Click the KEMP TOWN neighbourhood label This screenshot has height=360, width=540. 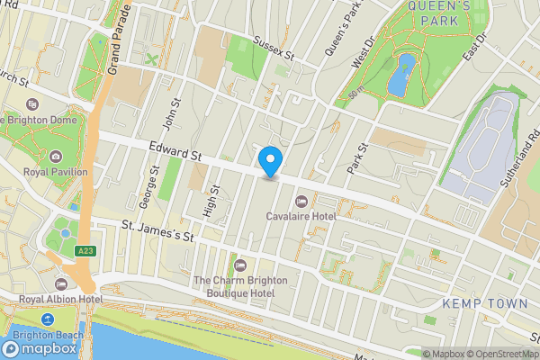[485, 304]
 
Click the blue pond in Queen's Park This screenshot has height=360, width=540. [400, 74]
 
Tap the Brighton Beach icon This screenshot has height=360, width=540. [47, 319]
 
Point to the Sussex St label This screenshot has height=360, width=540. [274, 49]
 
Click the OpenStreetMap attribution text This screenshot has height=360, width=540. [500, 354]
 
